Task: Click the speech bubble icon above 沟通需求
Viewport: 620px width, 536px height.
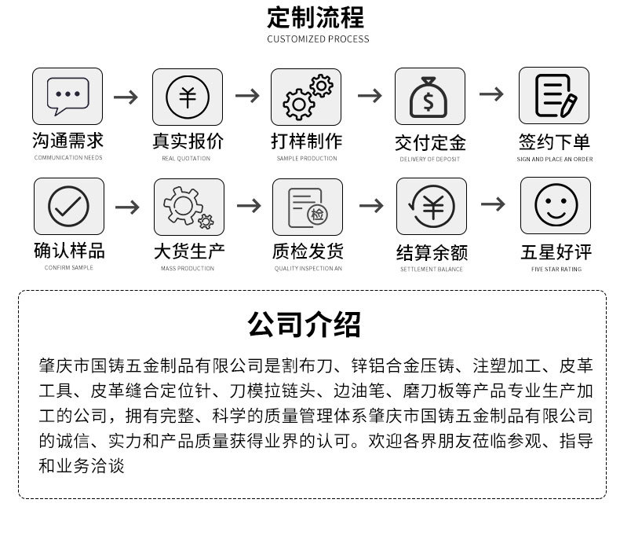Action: (x=67, y=97)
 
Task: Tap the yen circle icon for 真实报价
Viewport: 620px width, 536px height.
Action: (x=188, y=97)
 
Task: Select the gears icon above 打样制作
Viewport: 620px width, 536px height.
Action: (x=307, y=97)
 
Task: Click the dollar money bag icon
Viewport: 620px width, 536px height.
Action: (x=429, y=97)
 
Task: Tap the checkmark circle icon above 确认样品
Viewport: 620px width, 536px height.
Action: (x=69, y=207)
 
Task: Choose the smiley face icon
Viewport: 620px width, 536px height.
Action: (x=556, y=206)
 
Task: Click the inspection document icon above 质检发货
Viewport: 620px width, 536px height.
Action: (x=308, y=207)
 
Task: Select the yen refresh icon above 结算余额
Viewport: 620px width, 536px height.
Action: (x=431, y=207)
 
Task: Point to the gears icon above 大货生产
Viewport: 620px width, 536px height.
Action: (x=188, y=207)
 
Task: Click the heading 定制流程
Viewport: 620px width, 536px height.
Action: (x=315, y=17)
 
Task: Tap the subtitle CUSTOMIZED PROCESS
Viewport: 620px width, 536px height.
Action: (x=317, y=39)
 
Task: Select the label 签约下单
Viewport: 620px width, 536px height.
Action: (x=554, y=142)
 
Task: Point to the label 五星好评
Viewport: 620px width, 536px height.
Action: (x=556, y=252)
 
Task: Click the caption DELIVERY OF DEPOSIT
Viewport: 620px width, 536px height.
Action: (x=429, y=160)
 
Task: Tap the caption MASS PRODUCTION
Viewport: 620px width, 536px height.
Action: (x=188, y=269)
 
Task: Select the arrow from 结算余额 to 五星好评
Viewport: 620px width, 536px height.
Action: (x=493, y=204)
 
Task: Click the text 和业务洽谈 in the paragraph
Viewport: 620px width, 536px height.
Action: (x=82, y=465)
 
